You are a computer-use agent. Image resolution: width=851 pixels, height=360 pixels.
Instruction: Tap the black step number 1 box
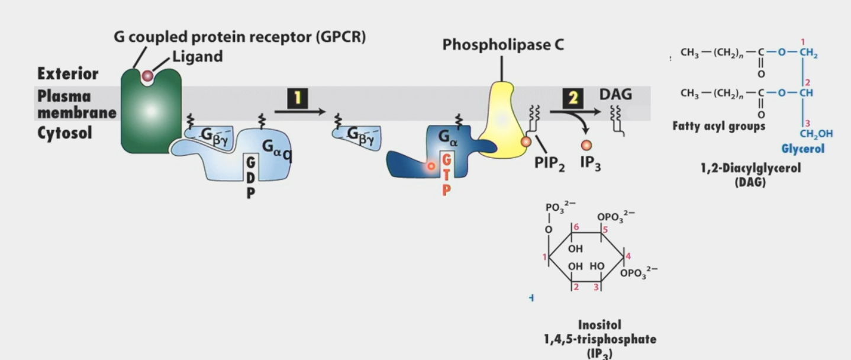(x=298, y=98)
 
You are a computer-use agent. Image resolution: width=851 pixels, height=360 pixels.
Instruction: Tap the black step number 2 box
(x=573, y=98)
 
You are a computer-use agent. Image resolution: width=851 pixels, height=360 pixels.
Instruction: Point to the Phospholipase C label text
(x=503, y=45)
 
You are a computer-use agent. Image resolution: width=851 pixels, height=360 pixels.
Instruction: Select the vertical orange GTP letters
(x=447, y=175)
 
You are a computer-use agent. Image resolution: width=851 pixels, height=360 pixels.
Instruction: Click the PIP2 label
(x=550, y=163)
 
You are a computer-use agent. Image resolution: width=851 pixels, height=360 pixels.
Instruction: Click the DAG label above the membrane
(x=615, y=94)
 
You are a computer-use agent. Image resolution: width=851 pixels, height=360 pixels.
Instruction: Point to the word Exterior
(x=67, y=74)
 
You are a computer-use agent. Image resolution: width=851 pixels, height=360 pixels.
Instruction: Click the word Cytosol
(x=65, y=133)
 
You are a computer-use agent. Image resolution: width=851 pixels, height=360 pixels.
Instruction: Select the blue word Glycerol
(x=802, y=149)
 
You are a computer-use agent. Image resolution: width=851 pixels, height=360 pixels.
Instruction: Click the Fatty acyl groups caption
(x=718, y=126)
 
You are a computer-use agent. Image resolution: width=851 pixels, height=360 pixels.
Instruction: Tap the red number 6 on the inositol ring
(x=576, y=227)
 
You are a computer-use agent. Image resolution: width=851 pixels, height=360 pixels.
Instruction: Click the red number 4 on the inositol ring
(x=628, y=256)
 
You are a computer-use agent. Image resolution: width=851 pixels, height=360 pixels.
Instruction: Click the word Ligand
(x=197, y=57)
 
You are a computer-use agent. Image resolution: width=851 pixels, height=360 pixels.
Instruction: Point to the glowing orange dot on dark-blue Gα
(x=431, y=166)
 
